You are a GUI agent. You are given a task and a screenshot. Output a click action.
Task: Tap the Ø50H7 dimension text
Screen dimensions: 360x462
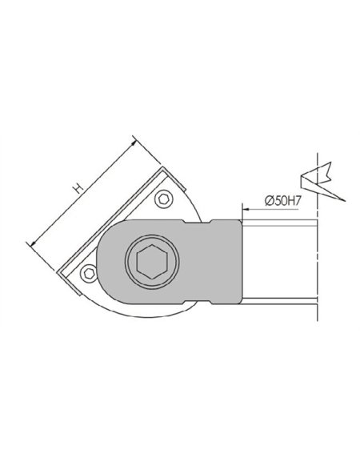[283, 201]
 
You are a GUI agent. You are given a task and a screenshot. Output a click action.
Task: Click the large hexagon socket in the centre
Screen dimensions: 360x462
[152, 262]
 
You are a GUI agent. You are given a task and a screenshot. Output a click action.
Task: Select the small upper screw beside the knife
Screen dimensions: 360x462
[164, 199]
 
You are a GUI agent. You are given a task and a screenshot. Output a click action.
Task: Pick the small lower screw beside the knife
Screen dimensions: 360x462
[89, 273]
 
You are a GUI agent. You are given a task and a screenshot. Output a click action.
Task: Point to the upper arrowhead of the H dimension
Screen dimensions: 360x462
[134, 143]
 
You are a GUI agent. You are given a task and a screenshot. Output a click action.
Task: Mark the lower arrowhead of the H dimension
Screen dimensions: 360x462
[33, 243]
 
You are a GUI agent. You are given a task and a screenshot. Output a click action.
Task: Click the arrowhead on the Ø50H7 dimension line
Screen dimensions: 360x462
[246, 210]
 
